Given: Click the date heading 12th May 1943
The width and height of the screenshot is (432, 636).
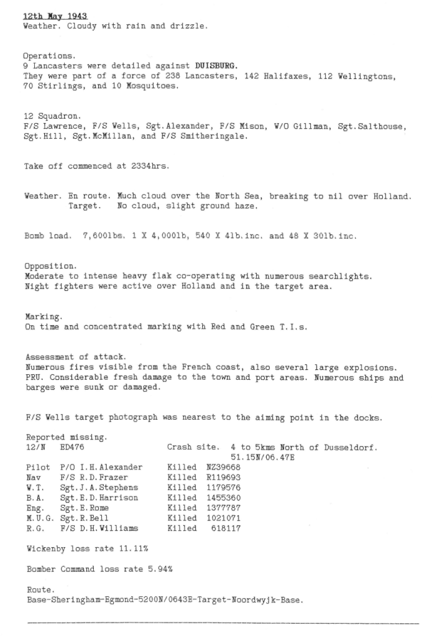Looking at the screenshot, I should click(55, 15).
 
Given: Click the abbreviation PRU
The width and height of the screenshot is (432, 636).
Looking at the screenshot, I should click(33, 376).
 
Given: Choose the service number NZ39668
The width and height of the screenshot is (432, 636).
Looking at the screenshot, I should click(224, 467).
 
